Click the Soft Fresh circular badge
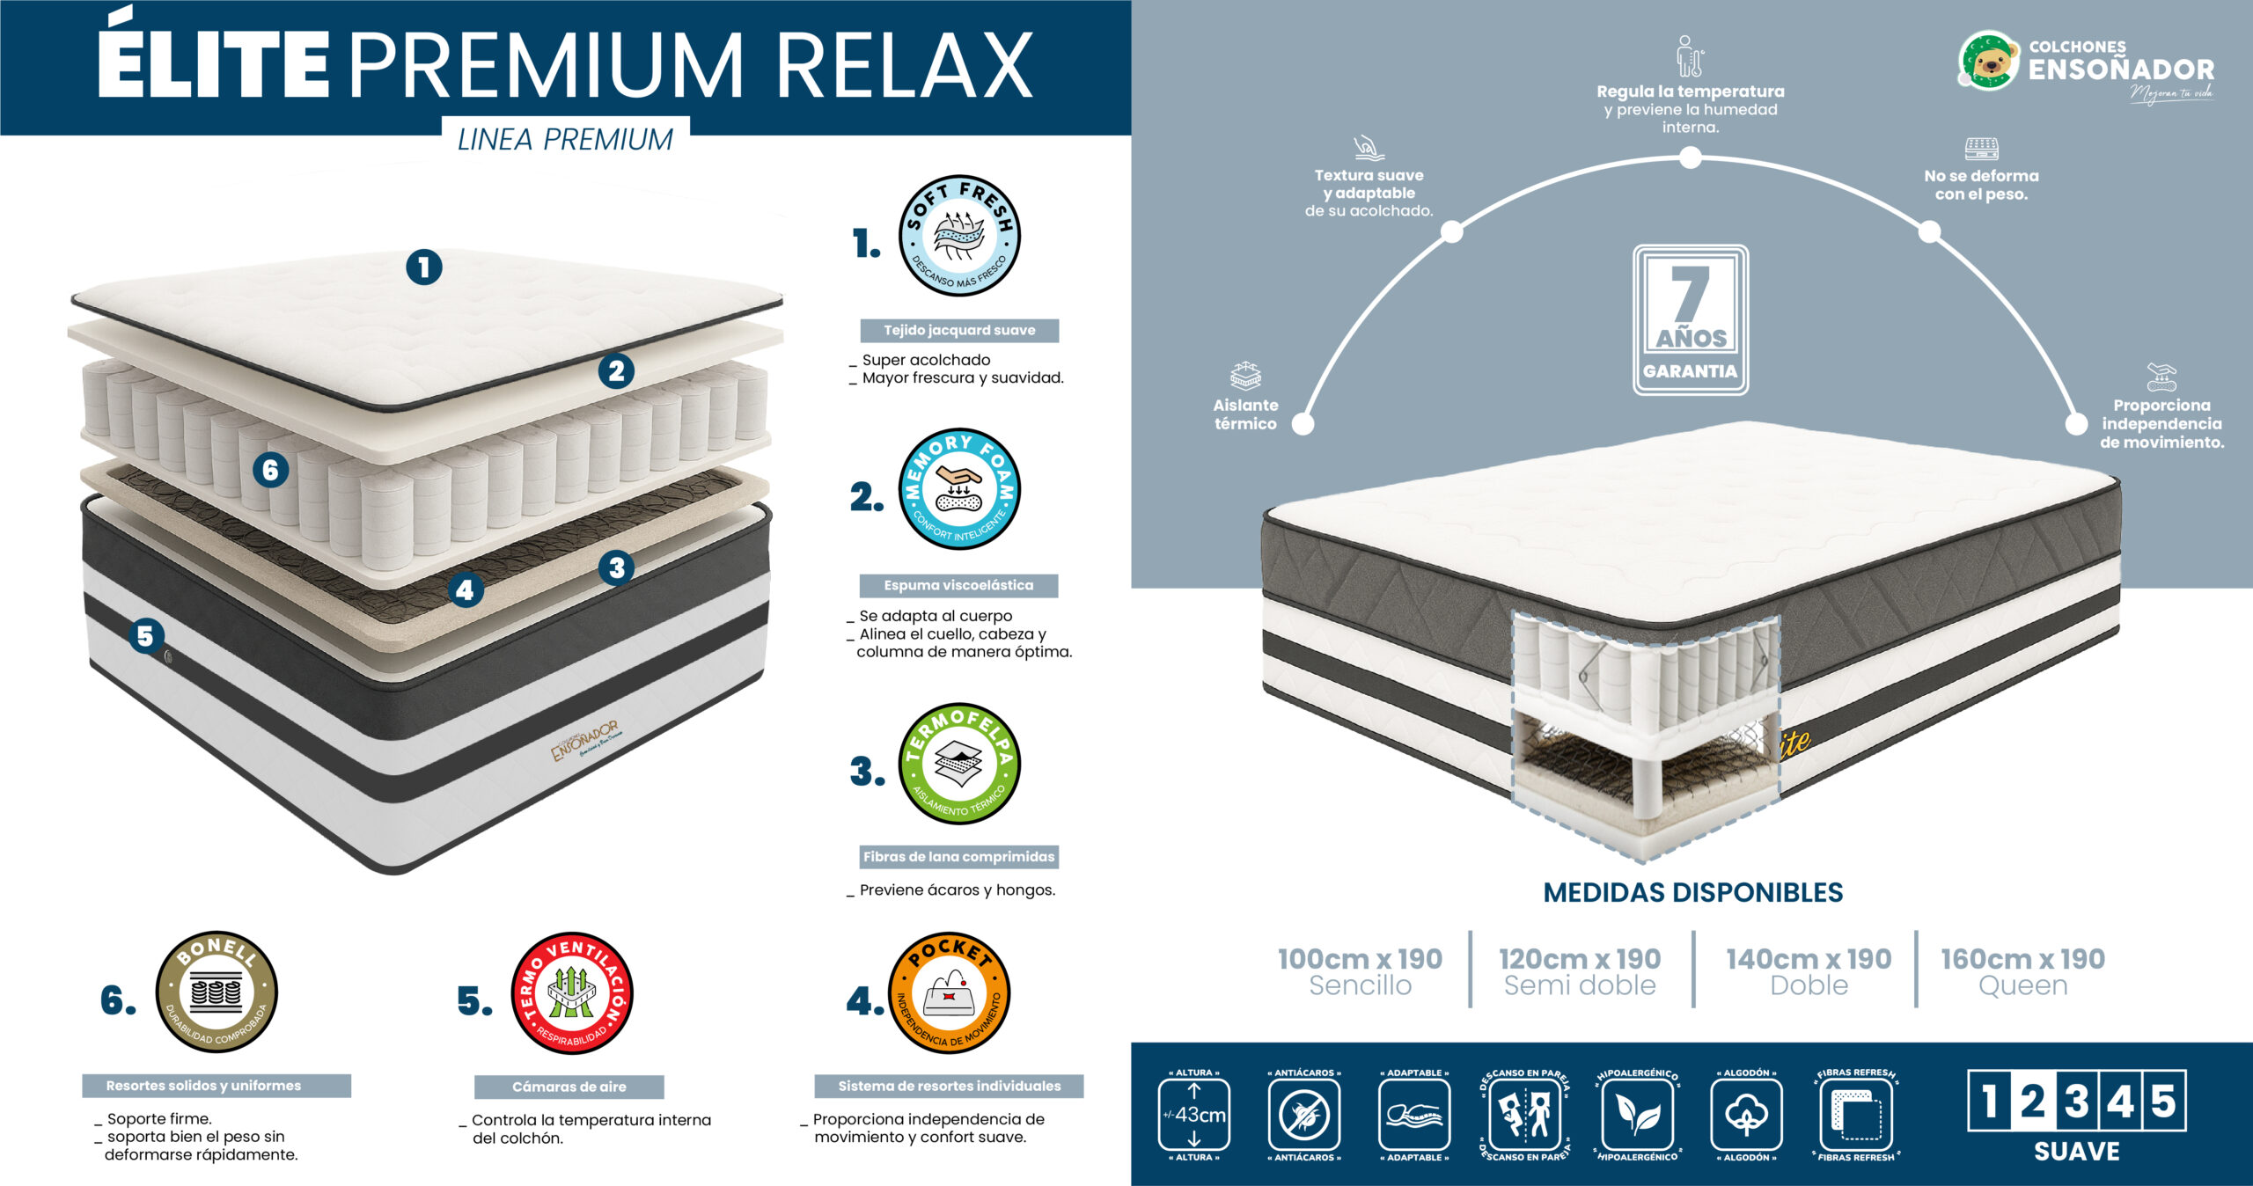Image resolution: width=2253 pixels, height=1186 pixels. point(959,236)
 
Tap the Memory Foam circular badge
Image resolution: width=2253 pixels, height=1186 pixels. point(959,489)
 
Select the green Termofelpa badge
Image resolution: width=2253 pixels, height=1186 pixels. point(959,764)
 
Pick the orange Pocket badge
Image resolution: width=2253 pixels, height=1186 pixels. point(950,993)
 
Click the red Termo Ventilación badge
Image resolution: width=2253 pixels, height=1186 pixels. point(572,993)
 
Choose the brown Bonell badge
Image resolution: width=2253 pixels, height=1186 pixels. point(216,992)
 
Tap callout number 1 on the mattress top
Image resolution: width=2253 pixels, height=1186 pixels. point(423,267)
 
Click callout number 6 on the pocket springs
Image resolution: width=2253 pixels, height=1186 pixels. point(270,471)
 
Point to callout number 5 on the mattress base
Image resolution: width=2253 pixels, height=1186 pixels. point(146,635)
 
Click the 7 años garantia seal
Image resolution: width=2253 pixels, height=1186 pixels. point(1690,319)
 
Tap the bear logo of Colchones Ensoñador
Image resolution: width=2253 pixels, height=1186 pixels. point(1989,62)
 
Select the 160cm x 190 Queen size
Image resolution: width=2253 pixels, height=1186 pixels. point(2022,970)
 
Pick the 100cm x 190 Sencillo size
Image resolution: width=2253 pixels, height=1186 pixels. point(1360,970)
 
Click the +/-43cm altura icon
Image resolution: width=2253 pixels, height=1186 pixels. point(1193,1115)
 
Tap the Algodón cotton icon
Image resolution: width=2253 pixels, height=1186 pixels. point(1746,1115)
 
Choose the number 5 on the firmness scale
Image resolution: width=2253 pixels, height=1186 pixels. point(2163,1101)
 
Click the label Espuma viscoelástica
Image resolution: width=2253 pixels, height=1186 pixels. point(958,585)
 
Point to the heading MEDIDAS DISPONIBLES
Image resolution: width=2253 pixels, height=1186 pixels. point(1692,892)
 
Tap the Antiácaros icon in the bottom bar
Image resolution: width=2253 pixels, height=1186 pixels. point(1304,1115)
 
